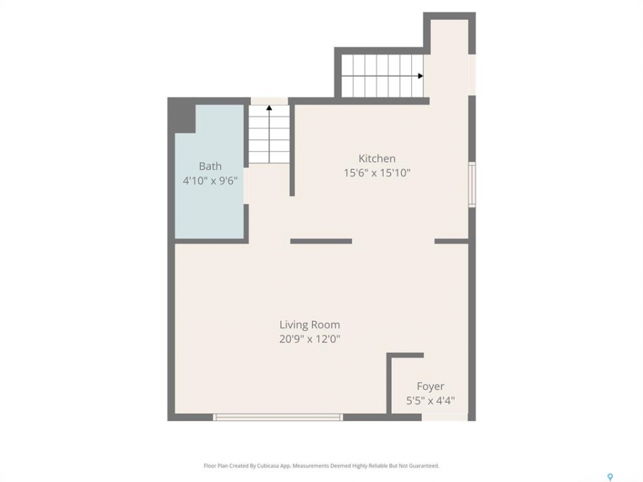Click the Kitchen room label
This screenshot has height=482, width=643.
[x=377, y=159]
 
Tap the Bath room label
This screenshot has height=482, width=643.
[x=210, y=166]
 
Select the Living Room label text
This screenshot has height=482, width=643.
[x=309, y=325]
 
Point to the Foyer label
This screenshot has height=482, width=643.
[x=430, y=386]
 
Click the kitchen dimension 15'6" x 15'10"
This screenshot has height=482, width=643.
[x=377, y=173]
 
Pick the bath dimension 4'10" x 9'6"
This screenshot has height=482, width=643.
[x=210, y=180]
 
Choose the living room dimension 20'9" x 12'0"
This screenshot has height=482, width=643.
[x=309, y=339]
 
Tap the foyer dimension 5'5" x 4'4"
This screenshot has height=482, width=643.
[x=430, y=400]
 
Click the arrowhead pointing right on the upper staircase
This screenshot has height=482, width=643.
[x=421, y=76]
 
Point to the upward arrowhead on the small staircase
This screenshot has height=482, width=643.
[x=269, y=108]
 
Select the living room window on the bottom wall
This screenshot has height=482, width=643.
[x=277, y=417]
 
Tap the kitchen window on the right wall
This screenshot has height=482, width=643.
[x=472, y=185]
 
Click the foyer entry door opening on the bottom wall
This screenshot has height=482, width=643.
[x=445, y=417]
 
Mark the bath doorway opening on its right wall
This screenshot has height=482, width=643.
[x=246, y=185]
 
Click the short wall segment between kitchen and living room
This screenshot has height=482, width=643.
[x=321, y=241]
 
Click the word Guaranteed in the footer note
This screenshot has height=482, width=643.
[x=426, y=466]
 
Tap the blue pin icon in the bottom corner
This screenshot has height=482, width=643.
[x=610, y=477]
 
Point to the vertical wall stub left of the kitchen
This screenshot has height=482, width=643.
[x=292, y=151]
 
